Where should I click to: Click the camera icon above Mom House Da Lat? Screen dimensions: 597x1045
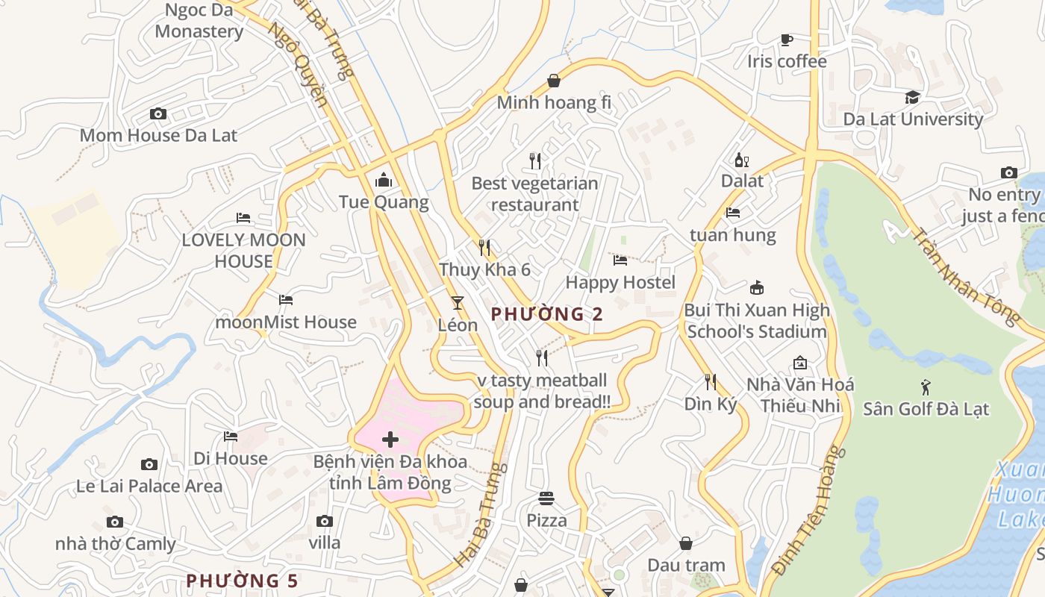point(157,114)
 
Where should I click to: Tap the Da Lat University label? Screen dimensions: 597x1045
point(913,119)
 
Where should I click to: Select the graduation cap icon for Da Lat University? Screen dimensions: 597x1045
point(912,97)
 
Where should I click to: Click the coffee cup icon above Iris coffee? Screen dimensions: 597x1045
point(786,40)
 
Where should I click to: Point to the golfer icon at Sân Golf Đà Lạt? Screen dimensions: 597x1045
point(926,387)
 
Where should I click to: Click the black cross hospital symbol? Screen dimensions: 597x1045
point(390,440)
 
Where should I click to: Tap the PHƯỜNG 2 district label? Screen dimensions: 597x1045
point(547,314)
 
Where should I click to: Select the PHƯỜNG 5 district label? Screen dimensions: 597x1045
point(242,581)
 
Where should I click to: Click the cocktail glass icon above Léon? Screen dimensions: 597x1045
point(457,303)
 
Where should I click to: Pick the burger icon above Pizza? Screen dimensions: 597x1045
point(546,498)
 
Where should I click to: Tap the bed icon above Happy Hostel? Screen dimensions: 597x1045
point(620,260)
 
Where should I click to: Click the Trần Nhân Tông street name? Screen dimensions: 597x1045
point(965,275)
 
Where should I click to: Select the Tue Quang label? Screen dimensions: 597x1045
point(384,202)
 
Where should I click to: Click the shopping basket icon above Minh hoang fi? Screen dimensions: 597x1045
point(554,81)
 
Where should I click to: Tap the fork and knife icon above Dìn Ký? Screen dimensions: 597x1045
point(711,382)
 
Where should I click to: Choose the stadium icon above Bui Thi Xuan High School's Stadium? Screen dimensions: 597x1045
point(757,288)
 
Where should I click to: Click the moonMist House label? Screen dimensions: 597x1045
point(286,322)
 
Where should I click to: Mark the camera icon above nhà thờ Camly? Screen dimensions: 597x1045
point(114,522)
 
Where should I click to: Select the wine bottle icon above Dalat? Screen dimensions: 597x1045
point(741,160)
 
